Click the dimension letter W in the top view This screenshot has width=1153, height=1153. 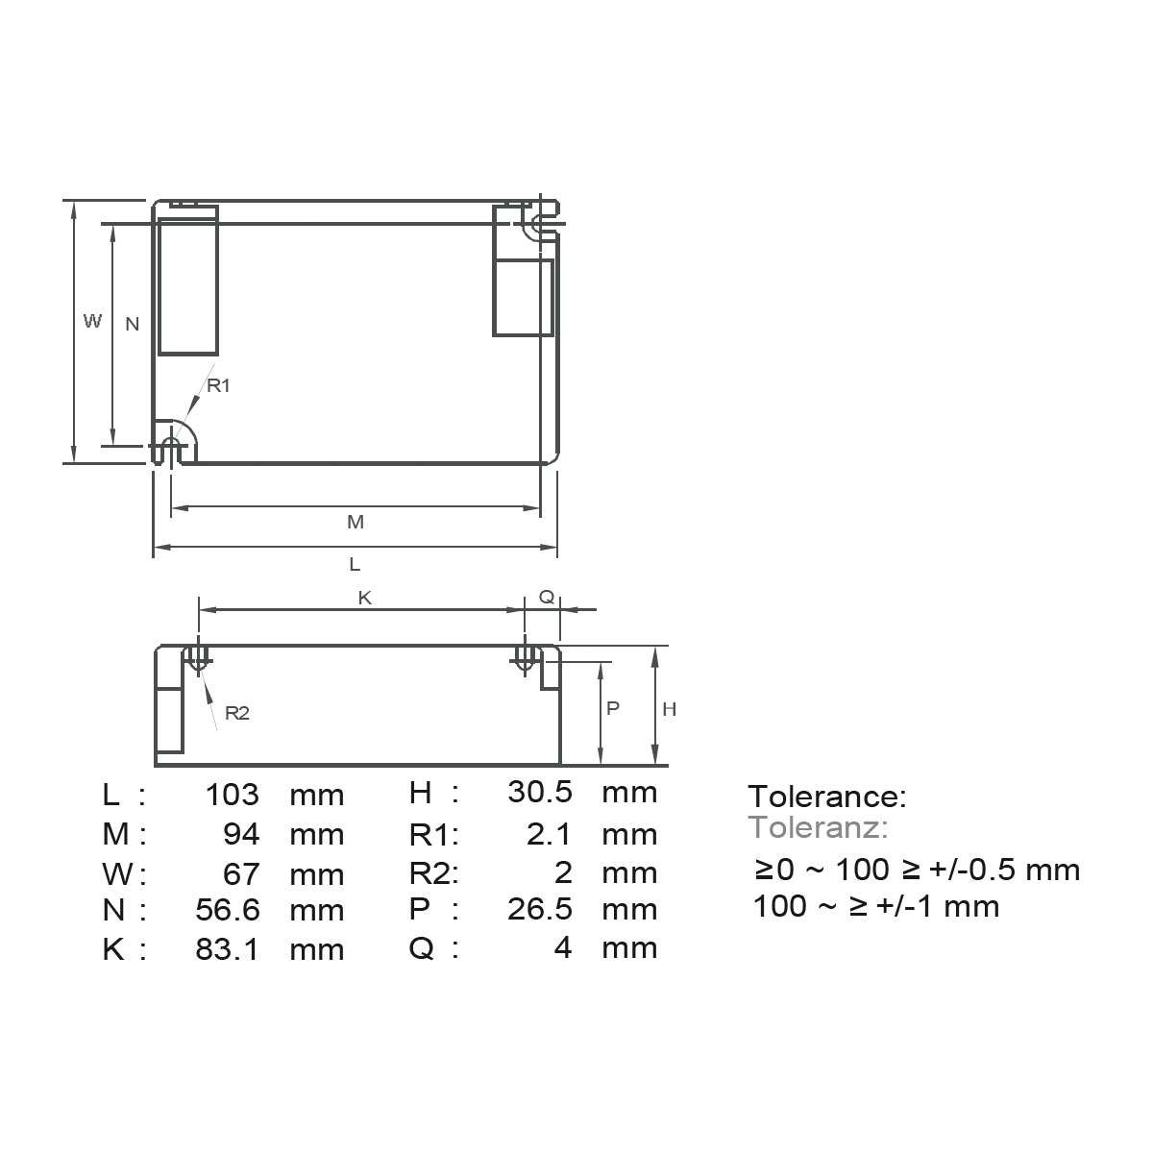point(92,321)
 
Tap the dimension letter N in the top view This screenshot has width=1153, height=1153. point(133,324)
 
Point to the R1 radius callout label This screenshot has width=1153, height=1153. point(219,385)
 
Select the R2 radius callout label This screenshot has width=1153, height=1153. point(236,713)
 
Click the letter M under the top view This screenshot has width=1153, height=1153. point(356,522)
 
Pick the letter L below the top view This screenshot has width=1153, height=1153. point(355,563)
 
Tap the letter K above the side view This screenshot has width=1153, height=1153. point(365,598)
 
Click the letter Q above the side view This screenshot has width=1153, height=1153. point(546,597)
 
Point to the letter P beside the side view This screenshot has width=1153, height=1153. point(613,707)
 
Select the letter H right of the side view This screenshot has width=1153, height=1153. point(670,709)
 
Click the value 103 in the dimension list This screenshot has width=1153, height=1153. point(232,794)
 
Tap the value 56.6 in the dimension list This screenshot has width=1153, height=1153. point(227,909)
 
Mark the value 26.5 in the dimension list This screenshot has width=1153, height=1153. point(540,909)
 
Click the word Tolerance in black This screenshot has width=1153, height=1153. point(826,796)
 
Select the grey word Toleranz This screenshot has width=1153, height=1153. point(818,826)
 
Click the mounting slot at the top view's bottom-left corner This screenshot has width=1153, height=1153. point(171,451)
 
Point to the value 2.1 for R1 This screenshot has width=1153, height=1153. point(550,833)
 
